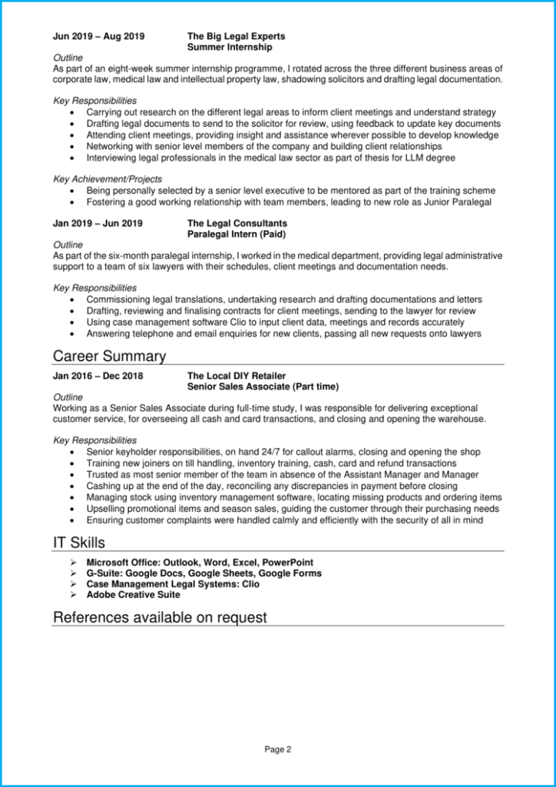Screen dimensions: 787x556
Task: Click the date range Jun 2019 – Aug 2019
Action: pos(98,36)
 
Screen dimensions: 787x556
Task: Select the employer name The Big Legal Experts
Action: pos(236,36)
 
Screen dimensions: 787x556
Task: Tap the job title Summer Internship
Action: pos(230,47)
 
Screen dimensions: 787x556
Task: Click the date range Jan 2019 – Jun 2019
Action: pos(98,224)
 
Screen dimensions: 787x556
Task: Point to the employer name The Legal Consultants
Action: pos(237,224)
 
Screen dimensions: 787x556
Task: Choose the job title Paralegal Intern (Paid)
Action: pos(240,234)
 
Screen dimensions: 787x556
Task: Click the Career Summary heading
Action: pos(109,356)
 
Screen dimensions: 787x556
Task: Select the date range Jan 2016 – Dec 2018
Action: pos(98,376)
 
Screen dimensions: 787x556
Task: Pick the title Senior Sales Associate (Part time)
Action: pos(263,387)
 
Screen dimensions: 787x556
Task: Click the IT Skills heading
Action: pos(78,543)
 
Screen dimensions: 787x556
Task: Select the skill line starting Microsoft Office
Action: pos(200,563)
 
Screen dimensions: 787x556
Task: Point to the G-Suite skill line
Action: pos(204,573)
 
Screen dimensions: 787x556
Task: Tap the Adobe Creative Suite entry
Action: pos(133,595)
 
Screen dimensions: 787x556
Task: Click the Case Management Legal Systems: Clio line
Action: pos(173,584)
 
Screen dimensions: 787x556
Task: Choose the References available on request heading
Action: pos(160,617)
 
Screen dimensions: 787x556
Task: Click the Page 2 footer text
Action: pos(278,749)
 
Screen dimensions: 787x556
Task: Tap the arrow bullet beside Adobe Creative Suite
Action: pos(73,595)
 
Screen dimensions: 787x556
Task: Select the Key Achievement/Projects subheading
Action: pos(108,179)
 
